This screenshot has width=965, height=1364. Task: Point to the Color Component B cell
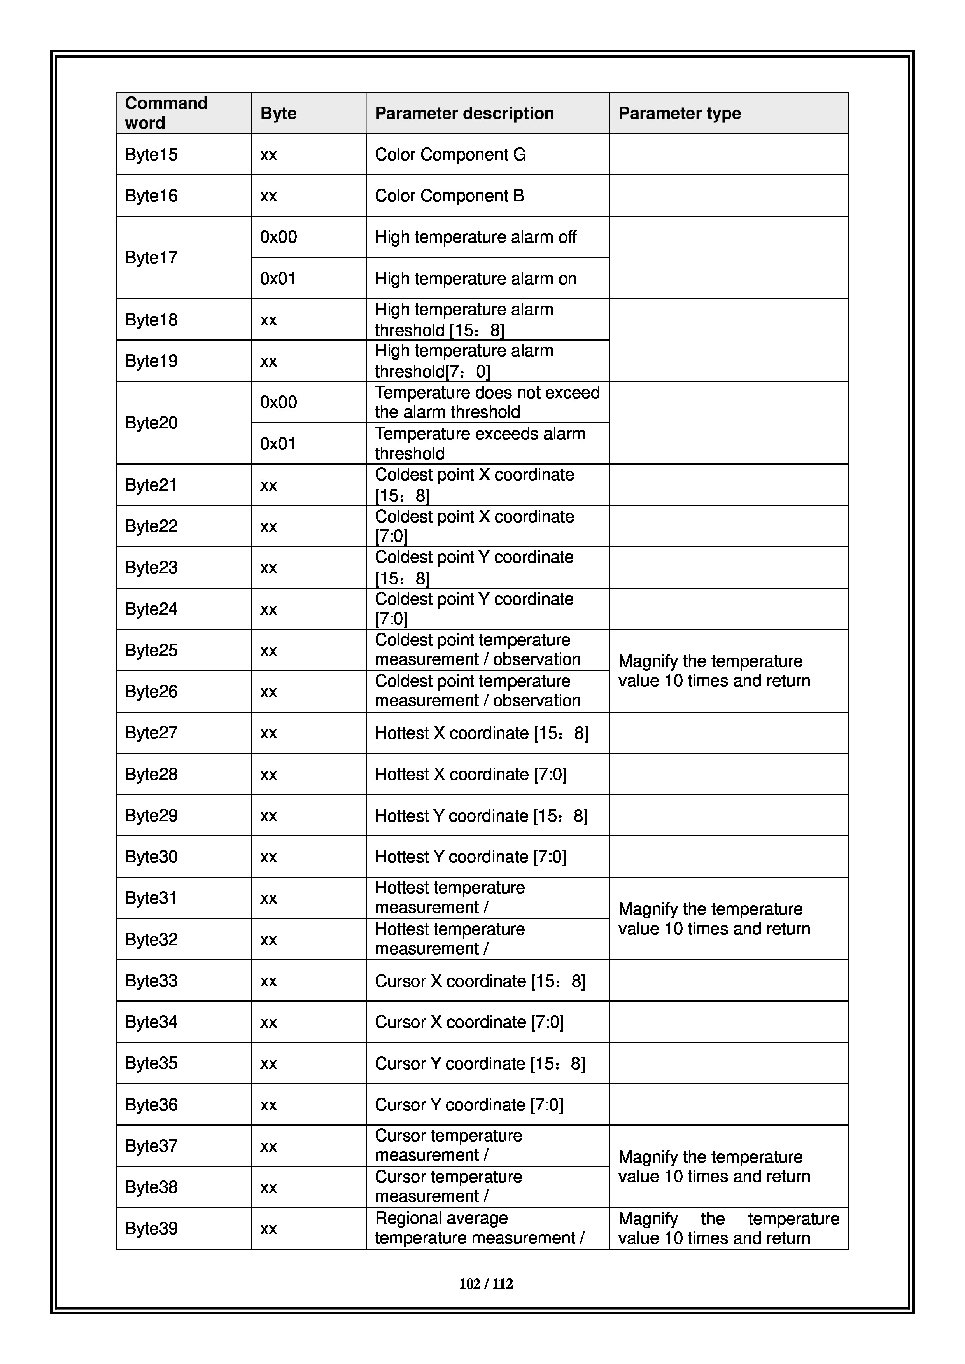pos(449,196)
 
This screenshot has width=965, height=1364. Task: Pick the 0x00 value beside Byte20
pos(278,402)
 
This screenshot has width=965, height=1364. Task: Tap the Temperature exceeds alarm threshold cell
pos(480,443)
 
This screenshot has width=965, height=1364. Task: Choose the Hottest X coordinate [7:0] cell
pos(471,774)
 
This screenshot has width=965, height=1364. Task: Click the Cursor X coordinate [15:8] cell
pos(480,981)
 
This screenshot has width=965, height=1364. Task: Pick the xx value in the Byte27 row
pos(269,733)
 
